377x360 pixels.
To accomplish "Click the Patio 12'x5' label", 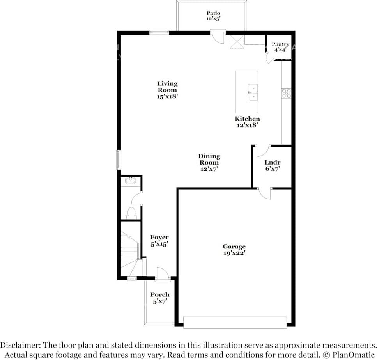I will click(213, 16).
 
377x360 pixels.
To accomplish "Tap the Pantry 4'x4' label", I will click(280, 47).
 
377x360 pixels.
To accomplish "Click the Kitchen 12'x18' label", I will click(247, 122).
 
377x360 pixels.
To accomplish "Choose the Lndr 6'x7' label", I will click(272, 166).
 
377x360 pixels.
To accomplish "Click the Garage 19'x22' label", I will click(234, 249).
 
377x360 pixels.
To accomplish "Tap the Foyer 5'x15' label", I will click(159, 240).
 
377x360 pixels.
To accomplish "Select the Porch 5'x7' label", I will click(160, 298).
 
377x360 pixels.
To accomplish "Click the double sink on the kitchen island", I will click(252, 92).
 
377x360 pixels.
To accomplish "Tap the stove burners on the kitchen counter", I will click(287, 93).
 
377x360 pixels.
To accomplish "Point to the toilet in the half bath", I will click(131, 213).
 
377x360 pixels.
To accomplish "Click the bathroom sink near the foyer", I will click(130, 181).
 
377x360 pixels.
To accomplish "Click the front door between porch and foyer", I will click(162, 275).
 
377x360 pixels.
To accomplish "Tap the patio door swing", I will click(218, 37).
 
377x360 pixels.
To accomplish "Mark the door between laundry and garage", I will click(265, 193).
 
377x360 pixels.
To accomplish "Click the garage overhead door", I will click(235, 323).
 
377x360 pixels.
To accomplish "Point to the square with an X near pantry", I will click(237, 41).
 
